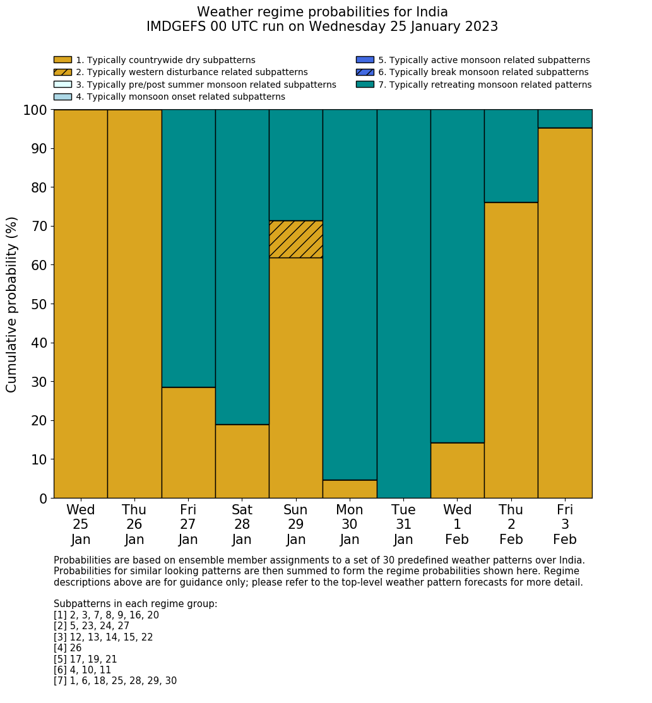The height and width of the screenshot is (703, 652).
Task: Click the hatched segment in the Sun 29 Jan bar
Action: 295,239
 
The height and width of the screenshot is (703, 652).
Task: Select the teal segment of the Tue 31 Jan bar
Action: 403,304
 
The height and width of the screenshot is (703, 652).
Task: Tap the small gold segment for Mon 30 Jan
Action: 350,489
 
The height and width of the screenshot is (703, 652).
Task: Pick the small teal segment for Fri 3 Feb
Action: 565,119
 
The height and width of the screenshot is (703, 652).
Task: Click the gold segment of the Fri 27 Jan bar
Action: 188,442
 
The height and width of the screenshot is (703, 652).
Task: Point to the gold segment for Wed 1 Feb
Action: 457,470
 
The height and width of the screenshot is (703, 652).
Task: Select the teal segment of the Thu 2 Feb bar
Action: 511,156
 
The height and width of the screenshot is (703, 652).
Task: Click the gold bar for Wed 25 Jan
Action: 81,304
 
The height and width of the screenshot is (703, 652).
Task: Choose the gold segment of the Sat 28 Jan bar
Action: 242,461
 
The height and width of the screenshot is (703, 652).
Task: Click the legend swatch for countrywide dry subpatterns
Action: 62,60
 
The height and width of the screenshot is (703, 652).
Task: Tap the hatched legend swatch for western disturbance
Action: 62,72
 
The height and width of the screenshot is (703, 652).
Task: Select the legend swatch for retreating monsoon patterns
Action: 365,85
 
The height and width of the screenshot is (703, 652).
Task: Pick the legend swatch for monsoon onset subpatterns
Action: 62,97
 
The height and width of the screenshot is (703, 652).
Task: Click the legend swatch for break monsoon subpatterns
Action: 365,72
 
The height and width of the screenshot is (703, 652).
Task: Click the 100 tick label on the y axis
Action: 35,110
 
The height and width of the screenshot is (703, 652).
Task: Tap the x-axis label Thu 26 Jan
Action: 134,524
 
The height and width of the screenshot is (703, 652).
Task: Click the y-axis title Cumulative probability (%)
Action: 12,304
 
